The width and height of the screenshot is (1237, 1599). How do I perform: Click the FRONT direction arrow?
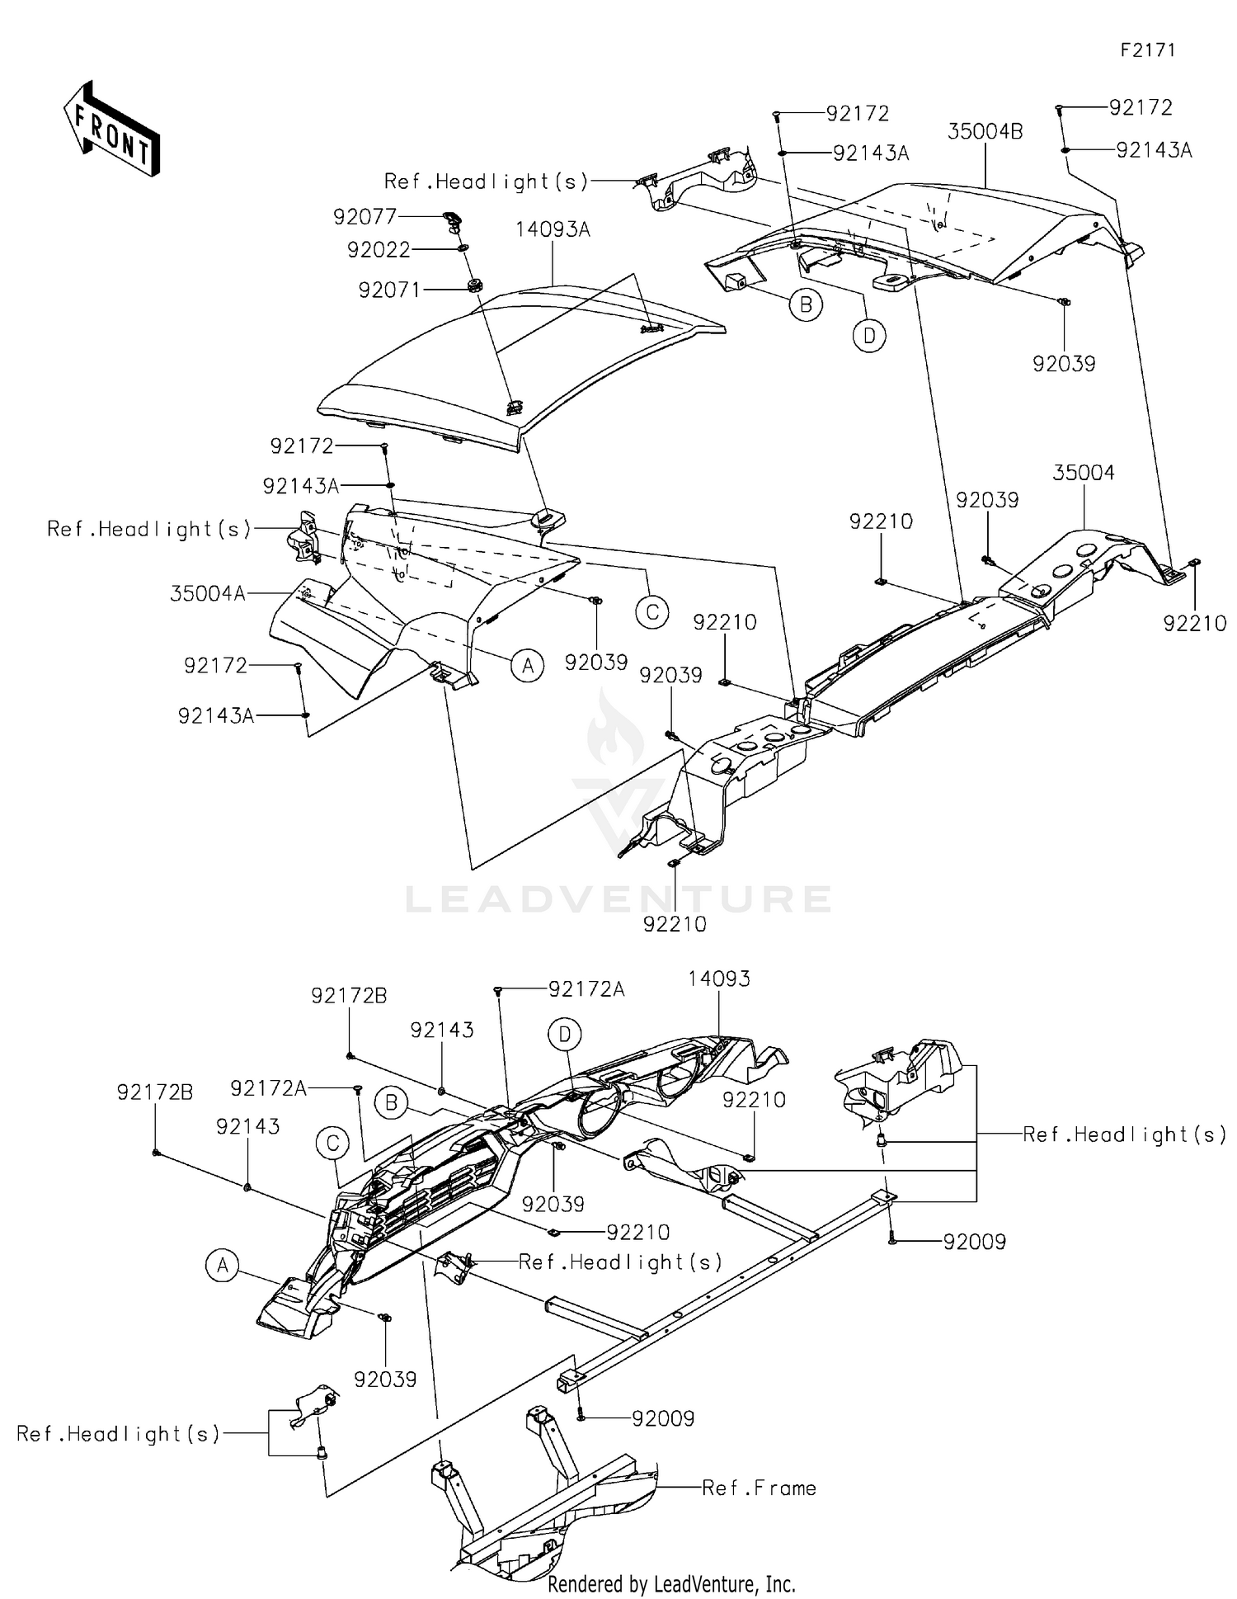(x=112, y=130)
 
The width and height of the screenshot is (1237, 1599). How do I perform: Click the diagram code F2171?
(x=1147, y=50)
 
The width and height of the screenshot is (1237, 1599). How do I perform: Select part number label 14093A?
(x=553, y=230)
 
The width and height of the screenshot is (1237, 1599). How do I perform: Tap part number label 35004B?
(x=985, y=132)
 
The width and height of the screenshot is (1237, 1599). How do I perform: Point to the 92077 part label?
(x=365, y=217)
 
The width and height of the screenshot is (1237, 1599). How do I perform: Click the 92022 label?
(x=379, y=250)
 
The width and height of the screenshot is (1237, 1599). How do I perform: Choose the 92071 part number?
(x=389, y=290)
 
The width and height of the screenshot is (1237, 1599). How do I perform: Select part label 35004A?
(x=208, y=594)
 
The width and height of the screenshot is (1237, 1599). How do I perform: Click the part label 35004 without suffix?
(x=1083, y=473)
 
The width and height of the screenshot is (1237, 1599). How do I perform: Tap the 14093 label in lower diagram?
(x=719, y=979)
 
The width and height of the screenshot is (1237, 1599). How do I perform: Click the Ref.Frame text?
(x=759, y=1488)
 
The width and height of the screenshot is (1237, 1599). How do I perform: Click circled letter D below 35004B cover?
(x=869, y=336)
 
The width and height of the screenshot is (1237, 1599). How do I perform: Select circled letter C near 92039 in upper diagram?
(x=652, y=611)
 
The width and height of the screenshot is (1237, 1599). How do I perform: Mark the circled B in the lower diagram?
(x=392, y=1103)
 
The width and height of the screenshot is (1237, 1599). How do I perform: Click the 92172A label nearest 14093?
(x=586, y=989)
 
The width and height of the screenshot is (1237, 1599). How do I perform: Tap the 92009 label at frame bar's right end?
(x=975, y=1243)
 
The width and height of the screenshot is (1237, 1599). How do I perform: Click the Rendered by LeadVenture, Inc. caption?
(x=671, y=1584)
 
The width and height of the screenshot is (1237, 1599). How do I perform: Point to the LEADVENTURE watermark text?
(x=618, y=899)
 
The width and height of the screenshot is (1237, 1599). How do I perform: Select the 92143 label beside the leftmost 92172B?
(x=248, y=1127)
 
